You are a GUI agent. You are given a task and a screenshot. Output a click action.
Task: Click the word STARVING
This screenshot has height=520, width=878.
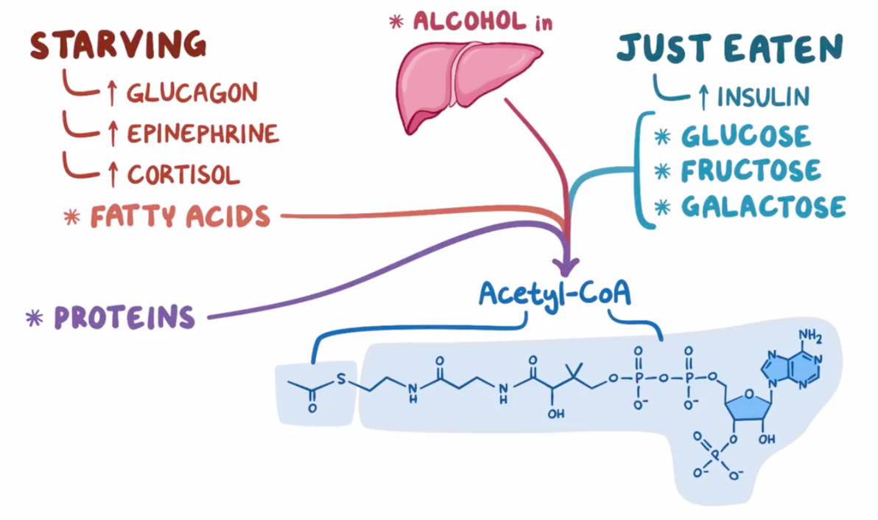pyautogui.click(x=118, y=46)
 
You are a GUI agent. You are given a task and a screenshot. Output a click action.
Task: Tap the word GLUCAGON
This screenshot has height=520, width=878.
pyautogui.click(x=192, y=92)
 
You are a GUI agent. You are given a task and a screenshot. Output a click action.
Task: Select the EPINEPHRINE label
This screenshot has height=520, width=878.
pyautogui.click(x=203, y=134)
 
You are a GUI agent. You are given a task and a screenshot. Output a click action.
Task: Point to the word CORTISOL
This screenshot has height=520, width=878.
pyautogui.click(x=183, y=174)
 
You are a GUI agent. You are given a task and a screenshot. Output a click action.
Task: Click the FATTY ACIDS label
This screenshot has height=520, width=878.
pyautogui.click(x=180, y=216)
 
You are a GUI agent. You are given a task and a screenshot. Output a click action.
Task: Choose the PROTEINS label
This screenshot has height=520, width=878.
pyautogui.click(x=124, y=317)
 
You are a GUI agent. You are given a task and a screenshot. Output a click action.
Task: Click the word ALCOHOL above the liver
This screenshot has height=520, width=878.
pyautogui.click(x=470, y=21)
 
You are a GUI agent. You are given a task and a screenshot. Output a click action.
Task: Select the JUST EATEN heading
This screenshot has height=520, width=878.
pyautogui.click(x=730, y=48)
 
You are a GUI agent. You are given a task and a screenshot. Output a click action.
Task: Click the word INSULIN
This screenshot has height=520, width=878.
pyautogui.click(x=763, y=97)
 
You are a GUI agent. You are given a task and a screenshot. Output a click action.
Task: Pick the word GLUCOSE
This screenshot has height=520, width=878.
pyautogui.click(x=745, y=136)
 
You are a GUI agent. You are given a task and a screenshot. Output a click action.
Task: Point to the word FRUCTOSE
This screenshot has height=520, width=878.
pyautogui.click(x=751, y=170)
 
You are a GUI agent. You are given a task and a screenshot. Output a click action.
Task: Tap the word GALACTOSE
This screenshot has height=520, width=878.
pyautogui.click(x=763, y=207)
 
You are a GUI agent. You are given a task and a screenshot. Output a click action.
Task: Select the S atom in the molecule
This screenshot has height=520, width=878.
pyautogui.click(x=341, y=380)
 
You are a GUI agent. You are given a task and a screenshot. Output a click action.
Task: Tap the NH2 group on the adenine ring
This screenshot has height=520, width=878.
pyautogui.click(x=810, y=336)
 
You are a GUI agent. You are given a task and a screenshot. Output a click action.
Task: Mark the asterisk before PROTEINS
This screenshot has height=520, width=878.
pyautogui.click(x=35, y=318)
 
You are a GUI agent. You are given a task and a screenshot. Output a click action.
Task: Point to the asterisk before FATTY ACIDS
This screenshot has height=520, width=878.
pyautogui.click(x=71, y=217)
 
